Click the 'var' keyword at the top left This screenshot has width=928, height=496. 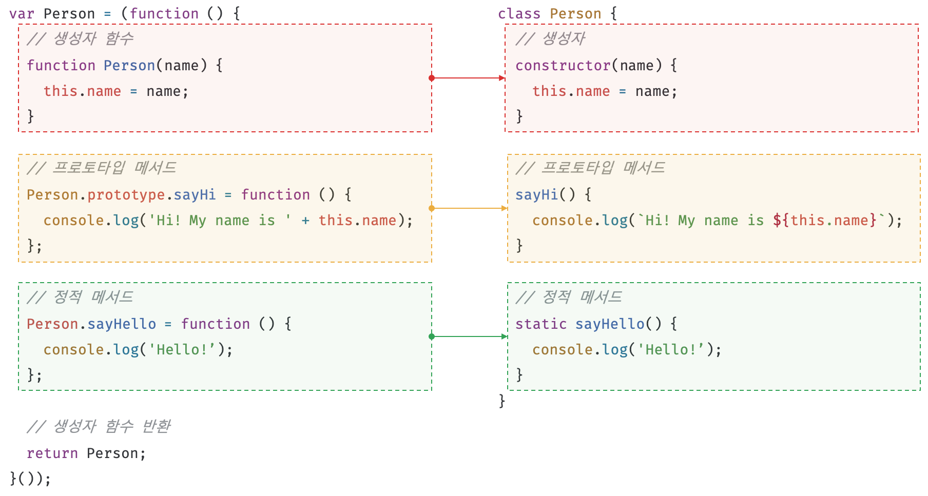click(21, 14)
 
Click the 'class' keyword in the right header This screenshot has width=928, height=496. click(519, 14)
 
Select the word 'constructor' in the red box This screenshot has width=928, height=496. click(563, 66)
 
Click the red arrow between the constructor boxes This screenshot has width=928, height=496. click(469, 78)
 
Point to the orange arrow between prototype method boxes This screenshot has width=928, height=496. click(470, 208)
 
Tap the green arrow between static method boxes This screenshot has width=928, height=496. click(470, 336)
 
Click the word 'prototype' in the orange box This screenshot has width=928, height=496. click(126, 195)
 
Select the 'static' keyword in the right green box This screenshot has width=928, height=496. click(540, 324)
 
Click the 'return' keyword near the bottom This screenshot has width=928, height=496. click(52, 453)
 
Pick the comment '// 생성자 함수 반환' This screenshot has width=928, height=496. click(99, 426)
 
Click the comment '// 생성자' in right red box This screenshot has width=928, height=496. click(550, 38)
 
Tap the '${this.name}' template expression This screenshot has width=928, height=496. click(824, 221)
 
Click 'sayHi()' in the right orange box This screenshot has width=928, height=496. click(545, 195)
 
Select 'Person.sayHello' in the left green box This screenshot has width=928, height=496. click(91, 324)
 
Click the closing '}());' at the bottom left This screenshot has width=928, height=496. click(30, 479)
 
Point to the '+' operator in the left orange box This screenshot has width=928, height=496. click(305, 221)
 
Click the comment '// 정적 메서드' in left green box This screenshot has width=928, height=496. click(80, 297)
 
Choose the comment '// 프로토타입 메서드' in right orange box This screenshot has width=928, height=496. click(590, 168)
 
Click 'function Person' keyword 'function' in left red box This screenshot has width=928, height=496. click(61, 66)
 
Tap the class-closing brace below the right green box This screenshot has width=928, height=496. click(502, 401)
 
